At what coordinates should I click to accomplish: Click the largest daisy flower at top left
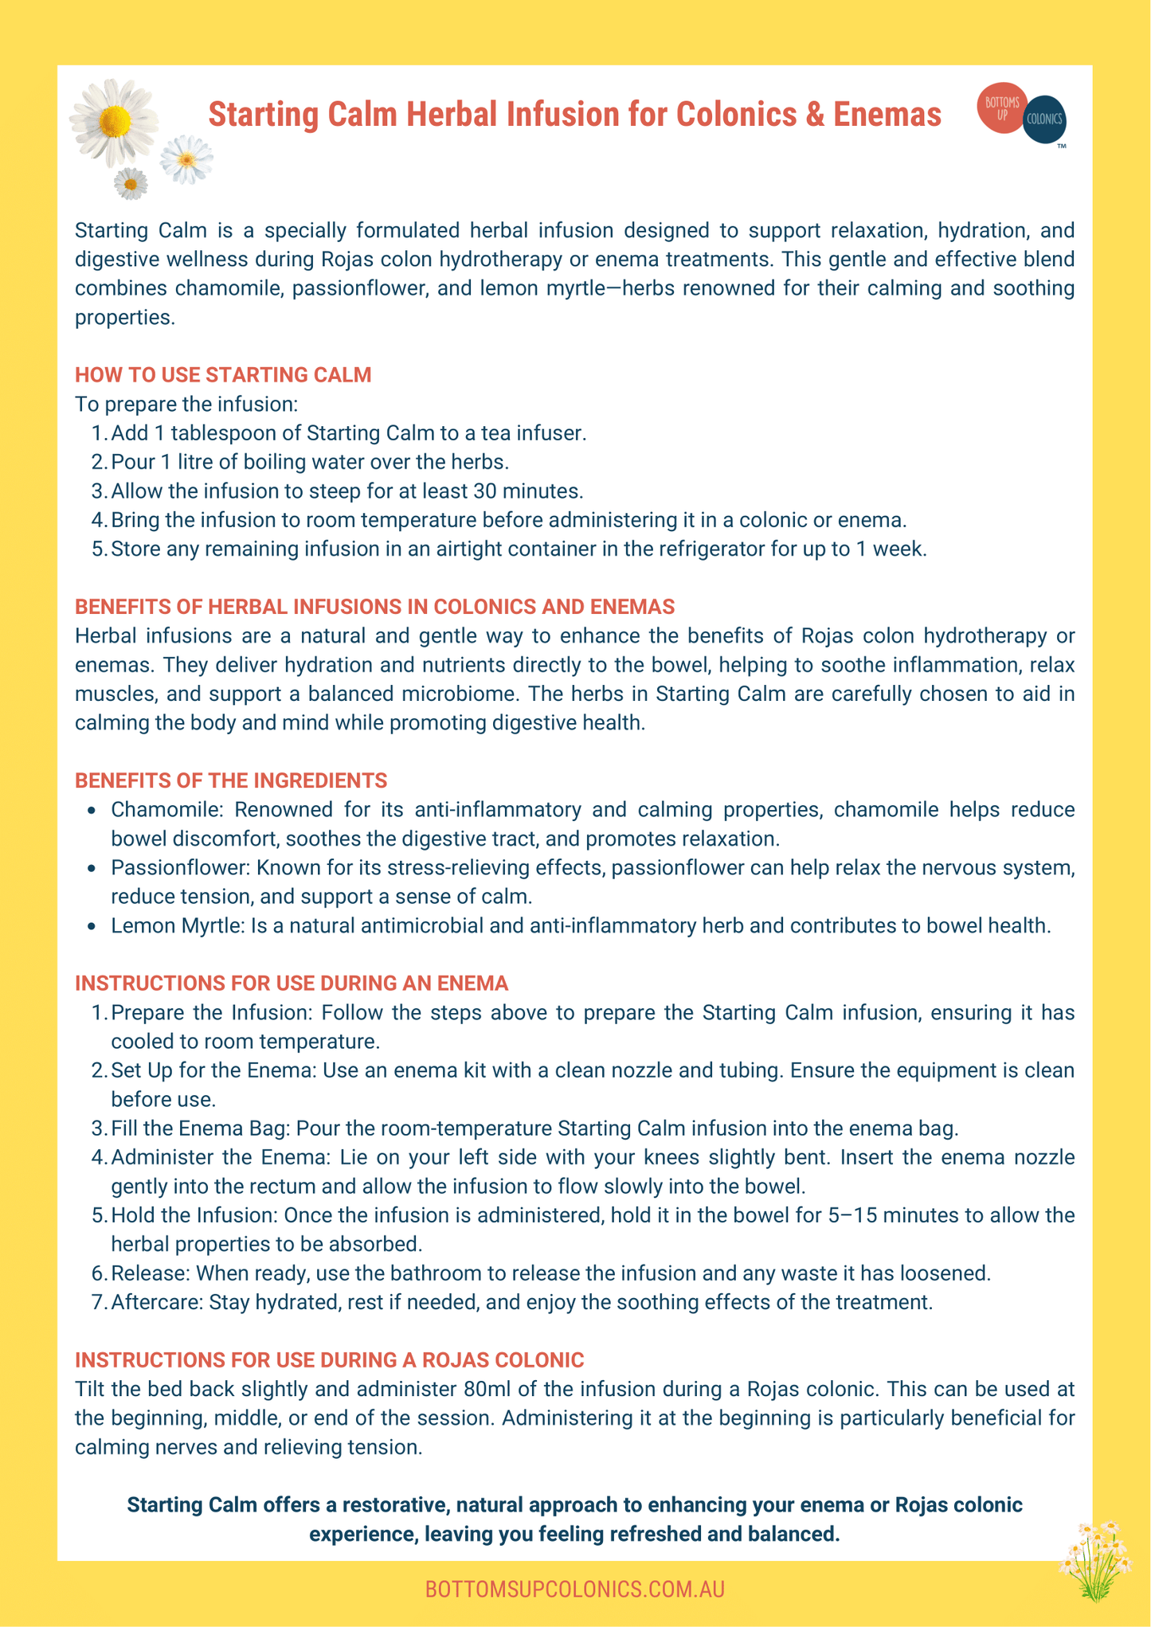[115, 122]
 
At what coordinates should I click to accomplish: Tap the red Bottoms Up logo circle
[1002, 107]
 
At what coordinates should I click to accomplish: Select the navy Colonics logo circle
[1045, 119]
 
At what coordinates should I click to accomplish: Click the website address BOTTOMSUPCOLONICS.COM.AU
[574, 1590]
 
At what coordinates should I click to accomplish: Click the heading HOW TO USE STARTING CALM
[223, 375]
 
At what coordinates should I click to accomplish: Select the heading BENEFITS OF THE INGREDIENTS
[231, 780]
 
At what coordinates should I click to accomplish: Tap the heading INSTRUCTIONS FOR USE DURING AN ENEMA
[292, 984]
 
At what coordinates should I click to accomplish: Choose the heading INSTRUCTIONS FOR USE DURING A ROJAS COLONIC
[329, 1359]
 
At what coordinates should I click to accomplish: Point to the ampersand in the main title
[814, 115]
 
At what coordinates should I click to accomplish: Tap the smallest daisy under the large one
[131, 184]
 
